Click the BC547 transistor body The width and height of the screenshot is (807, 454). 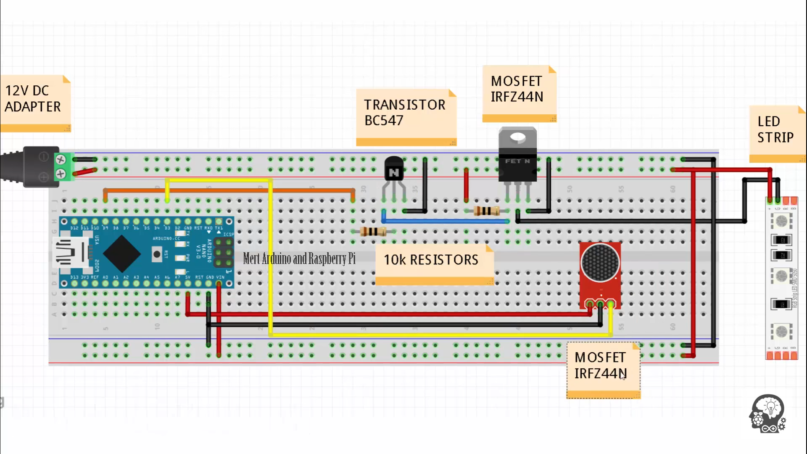tap(394, 169)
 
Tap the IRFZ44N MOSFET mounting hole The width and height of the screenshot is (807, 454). tap(517, 137)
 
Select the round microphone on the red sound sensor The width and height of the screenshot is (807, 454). tap(600, 263)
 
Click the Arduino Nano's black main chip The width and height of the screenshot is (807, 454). tap(122, 253)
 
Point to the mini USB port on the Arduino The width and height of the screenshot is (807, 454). tap(70, 252)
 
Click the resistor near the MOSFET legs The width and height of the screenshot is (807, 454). tap(486, 211)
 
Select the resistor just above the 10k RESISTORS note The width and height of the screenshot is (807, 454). tap(373, 231)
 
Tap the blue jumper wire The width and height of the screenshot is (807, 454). tap(446, 221)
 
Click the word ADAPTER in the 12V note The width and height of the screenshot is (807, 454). tap(33, 107)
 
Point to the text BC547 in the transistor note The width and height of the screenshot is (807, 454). tap(384, 121)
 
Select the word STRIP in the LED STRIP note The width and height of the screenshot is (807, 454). tap(775, 137)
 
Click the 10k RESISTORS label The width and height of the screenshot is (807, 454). tap(431, 260)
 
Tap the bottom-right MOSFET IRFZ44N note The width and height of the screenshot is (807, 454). tap(601, 366)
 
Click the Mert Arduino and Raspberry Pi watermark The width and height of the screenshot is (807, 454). tap(299, 258)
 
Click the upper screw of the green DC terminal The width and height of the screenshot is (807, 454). tap(61, 160)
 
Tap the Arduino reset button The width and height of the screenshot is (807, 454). tap(157, 254)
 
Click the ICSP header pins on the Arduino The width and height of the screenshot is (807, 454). tap(223, 252)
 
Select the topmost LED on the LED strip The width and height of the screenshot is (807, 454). tap(781, 221)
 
